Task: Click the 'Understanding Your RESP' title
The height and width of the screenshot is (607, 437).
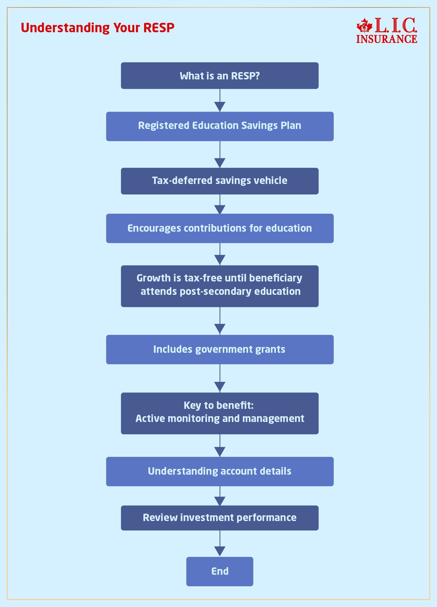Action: pyautogui.click(x=97, y=28)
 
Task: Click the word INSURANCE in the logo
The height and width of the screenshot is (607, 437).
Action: pyautogui.click(x=386, y=39)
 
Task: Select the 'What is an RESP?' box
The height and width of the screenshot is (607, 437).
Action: pyautogui.click(x=220, y=76)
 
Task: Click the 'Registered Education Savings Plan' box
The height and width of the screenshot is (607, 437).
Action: pyautogui.click(x=220, y=126)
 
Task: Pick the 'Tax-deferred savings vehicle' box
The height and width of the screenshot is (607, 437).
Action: pyautogui.click(x=220, y=181)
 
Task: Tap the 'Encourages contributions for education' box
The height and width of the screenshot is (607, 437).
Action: pyautogui.click(x=220, y=228)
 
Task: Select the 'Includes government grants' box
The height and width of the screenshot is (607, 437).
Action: pyautogui.click(x=220, y=350)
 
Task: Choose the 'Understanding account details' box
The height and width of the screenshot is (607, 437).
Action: pyautogui.click(x=220, y=471)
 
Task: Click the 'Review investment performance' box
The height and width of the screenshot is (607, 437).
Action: pyautogui.click(x=220, y=518)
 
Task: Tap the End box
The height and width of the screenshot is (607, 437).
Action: pyautogui.click(x=220, y=571)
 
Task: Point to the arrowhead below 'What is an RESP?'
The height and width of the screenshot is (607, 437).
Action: pyautogui.click(x=220, y=106)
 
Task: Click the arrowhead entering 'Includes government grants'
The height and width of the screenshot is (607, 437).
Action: pyautogui.click(x=220, y=329)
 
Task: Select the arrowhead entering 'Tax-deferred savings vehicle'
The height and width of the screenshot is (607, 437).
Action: pyautogui.click(x=220, y=162)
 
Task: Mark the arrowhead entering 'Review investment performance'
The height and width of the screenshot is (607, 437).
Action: pyautogui.click(x=220, y=501)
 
